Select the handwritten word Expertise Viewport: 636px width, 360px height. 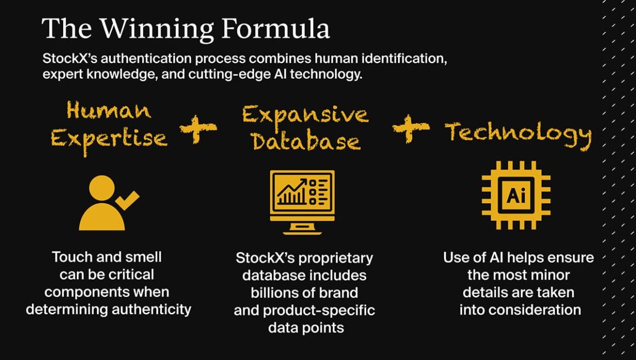(x=109, y=139)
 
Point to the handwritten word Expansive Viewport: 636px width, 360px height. (x=305, y=115)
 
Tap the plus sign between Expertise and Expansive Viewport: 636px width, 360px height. (x=198, y=130)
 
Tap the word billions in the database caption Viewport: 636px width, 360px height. (x=280, y=293)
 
